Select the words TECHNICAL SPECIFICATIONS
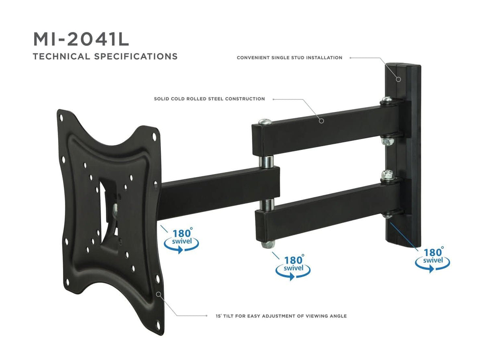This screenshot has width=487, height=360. coord(105,56)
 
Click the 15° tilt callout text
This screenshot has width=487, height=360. coord(281,316)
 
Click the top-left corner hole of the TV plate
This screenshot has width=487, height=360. coord(61,118)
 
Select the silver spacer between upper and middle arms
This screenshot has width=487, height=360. coord(266,161)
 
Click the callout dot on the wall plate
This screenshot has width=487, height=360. coord(398,79)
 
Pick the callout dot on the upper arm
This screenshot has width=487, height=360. coord(321,120)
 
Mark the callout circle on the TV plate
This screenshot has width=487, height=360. coord(159,294)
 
